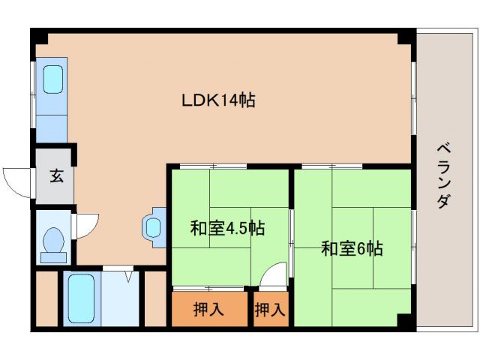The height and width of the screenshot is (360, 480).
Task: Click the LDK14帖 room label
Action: [x=218, y=100]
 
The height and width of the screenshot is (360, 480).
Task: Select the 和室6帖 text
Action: [x=352, y=248]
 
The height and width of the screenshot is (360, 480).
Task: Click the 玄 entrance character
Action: [x=56, y=176]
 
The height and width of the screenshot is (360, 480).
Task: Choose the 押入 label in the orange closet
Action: [x=208, y=308]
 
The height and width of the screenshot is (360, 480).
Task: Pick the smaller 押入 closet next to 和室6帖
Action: [x=270, y=308]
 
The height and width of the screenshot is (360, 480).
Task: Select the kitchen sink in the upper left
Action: [x=52, y=79]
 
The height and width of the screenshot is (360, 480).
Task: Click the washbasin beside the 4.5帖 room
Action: [x=154, y=226]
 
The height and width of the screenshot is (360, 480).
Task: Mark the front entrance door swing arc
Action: [x=16, y=180]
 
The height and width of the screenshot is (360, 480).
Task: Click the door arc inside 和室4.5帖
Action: [x=274, y=275]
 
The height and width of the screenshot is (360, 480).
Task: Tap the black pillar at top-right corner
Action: [x=406, y=36]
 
